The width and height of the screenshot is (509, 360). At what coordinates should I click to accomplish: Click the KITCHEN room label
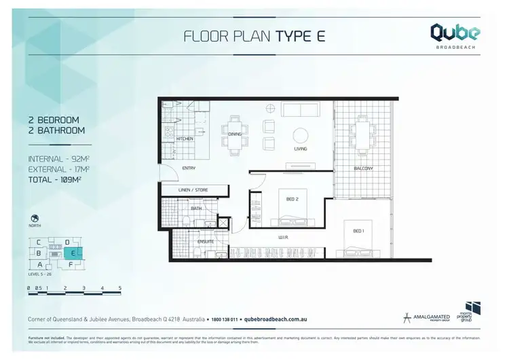pos(185,139)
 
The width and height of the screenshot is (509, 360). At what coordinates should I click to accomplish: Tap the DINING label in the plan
pos(235,134)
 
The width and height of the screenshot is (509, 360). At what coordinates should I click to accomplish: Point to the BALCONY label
pos(363,168)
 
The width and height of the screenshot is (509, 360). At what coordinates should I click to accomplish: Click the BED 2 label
pos(293,199)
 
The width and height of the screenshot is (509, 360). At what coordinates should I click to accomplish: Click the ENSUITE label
pos(206,241)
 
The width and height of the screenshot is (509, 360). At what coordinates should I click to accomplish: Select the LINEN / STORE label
pos(193,190)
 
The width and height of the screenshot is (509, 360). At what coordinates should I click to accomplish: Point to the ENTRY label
pos(189,169)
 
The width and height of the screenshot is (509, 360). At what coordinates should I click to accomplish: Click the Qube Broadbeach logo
pos(455,35)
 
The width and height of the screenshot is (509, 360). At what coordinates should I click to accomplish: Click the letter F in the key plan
pos(71,264)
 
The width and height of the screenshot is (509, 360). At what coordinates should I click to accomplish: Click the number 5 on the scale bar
pos(119,289)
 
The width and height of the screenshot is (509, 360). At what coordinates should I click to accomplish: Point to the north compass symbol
pos(34,219)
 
